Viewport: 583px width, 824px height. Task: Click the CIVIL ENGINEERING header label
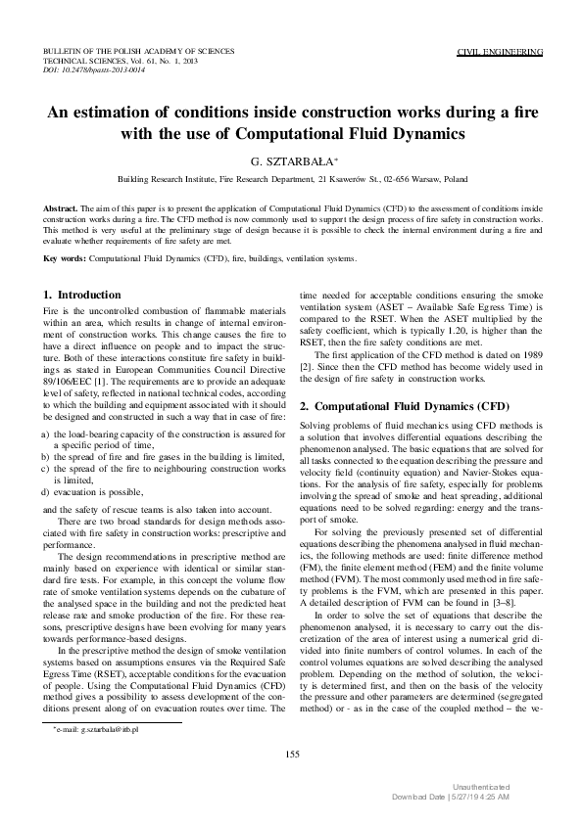501,49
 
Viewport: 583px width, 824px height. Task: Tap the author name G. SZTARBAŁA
291,162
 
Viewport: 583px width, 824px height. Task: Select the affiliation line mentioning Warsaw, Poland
291,181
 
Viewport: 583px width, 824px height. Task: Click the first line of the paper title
291,113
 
